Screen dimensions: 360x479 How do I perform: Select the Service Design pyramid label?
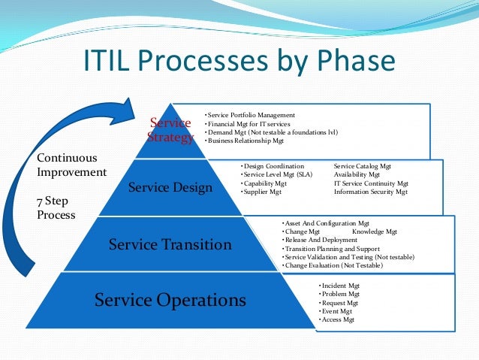[170, 187]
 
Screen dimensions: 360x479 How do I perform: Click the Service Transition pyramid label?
[170, 244]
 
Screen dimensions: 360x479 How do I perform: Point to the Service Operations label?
[170, 301]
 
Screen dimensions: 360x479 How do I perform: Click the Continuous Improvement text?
[71, 165]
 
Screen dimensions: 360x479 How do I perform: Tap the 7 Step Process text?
[56, 208]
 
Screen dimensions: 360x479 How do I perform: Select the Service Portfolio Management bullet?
[251, 115]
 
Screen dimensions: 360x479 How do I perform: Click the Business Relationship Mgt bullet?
[246, 141]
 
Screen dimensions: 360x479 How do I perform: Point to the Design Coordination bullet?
[273, 165]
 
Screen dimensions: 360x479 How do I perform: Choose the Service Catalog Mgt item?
[363, 165]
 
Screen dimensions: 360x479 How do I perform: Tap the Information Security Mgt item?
[371, 192]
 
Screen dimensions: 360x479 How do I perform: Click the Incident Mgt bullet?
[339, 286]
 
